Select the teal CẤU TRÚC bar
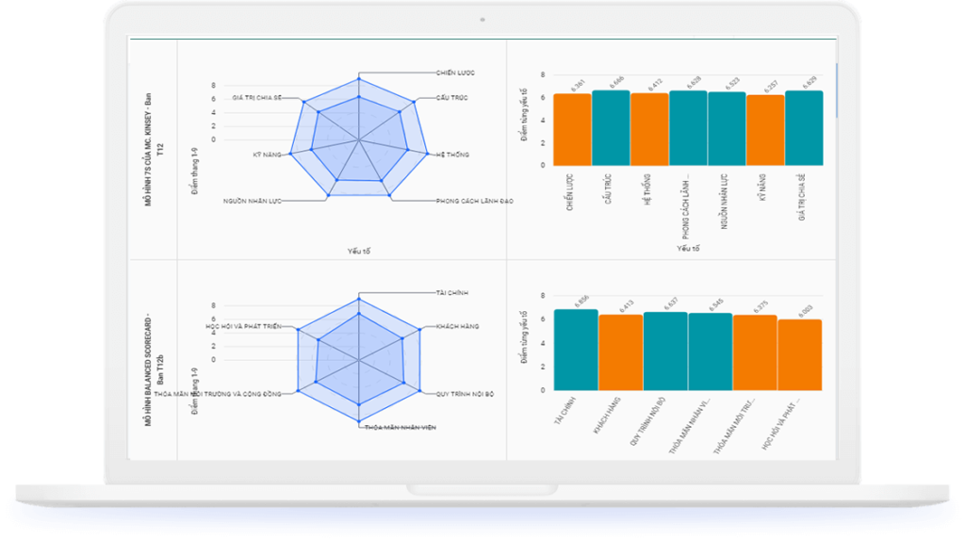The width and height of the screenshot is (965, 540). (611, 127)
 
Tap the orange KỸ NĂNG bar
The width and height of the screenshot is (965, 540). (764, 130)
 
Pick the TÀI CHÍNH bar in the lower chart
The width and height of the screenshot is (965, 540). (576, 349)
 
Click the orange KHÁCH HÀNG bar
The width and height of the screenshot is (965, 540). (620, 352)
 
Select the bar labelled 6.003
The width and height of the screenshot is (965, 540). (799, 354)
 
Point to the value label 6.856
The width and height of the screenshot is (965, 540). (581, 301)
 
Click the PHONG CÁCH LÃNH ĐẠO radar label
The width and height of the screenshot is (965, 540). (474, 201)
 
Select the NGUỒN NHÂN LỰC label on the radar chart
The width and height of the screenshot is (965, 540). (252, 201)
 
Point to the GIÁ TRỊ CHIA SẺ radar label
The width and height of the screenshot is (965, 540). (257, 98)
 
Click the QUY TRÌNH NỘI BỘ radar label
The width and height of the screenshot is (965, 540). (465, 393)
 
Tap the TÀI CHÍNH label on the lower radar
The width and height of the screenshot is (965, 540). (452, 292)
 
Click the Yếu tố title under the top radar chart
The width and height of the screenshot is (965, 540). (358, 251)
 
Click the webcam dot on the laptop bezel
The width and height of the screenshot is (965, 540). (482, 18)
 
